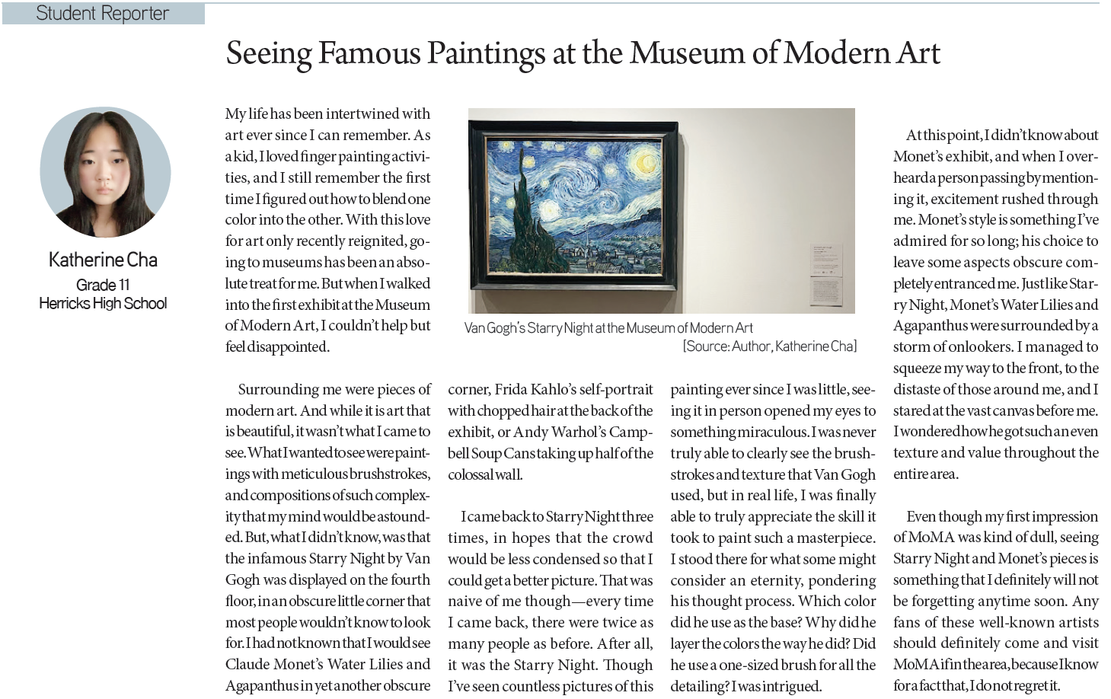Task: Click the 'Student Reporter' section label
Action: click(102, 13)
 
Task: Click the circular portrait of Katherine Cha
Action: click(105, 172)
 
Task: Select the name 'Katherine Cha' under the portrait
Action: click(103, 260)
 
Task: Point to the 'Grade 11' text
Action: click(103, 285)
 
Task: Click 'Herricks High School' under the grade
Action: click(103, 303)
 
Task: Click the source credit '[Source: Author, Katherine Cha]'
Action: click(769, 346)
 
